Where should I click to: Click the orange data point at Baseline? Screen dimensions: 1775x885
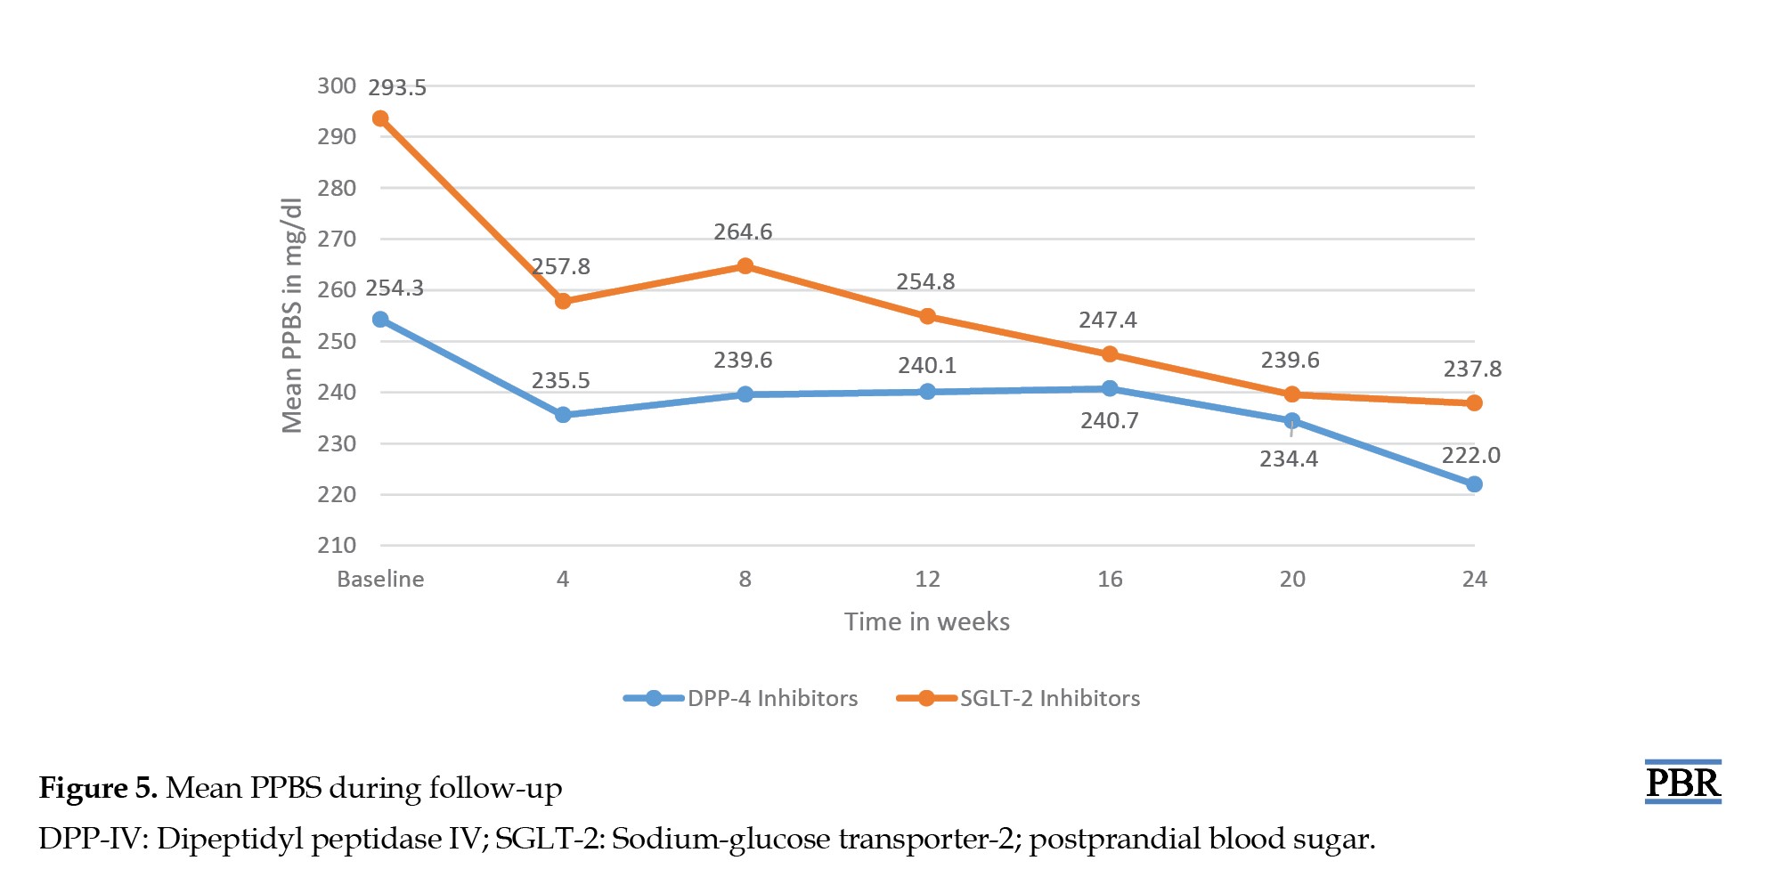pos(380,118)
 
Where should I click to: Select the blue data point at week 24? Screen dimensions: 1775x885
pos(1474,484)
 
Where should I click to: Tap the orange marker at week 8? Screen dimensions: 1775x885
pos(745,266)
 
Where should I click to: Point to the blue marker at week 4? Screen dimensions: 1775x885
pos(563,415)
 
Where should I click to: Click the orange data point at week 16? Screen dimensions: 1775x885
pos(1110,354)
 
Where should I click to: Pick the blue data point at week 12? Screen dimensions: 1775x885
pos(927,392)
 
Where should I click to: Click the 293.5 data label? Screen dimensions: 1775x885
pos(397,88)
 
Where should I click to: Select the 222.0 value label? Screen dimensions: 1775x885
pos(1471,456)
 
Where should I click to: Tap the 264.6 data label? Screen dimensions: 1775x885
pos(743,232)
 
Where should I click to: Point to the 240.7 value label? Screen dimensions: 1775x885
pos(1110,421)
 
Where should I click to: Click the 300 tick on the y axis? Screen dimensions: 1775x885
pos(337,86)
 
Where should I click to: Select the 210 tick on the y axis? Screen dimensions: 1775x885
pos(337,546)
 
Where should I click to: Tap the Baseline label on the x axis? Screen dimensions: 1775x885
pos(380,580)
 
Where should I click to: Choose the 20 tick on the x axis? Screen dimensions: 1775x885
pos(1292,580)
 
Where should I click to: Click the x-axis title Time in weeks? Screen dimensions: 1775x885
pos(927,621)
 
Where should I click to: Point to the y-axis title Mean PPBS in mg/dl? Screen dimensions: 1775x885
pos(292,315)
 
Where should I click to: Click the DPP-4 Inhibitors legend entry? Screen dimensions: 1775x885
pos(741,698)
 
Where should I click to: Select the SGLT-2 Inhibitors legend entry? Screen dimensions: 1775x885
pos(1018,698)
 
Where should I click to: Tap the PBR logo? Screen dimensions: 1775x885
pos(1682,782)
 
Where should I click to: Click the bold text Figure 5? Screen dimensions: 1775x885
pos(99,789)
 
